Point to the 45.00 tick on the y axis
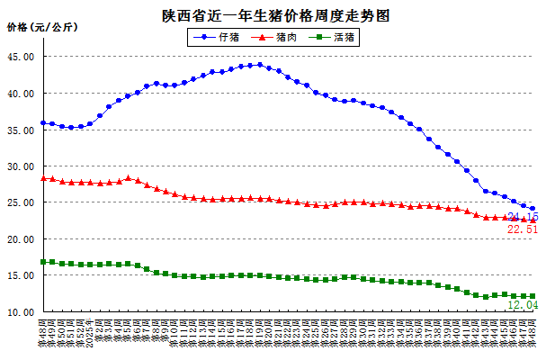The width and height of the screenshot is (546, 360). tap(21, 57)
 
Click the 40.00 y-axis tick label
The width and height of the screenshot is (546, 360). tap(21, 94)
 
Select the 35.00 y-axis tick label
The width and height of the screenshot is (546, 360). tap(21, 130)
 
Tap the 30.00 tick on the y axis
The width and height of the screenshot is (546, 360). tap(21, 166)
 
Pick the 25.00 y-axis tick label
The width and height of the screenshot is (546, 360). tap(21, 203)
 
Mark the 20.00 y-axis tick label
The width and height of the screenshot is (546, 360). tap(21, 240)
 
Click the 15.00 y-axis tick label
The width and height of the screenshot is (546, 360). tap(21, 276)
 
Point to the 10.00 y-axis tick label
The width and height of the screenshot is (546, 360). tap(21, 313)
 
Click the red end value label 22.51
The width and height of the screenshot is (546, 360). tap(523, 230)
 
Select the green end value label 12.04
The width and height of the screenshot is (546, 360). tap(523, 305)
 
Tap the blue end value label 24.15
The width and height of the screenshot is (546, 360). tap(523, 218)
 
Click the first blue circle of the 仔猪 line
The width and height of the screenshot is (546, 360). tap(43, 122)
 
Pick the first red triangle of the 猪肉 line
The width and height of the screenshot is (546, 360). tap(43, 178)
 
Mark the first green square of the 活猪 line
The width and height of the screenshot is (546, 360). tap(43, 262)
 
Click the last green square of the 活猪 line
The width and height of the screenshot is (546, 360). tap(533, 296)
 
